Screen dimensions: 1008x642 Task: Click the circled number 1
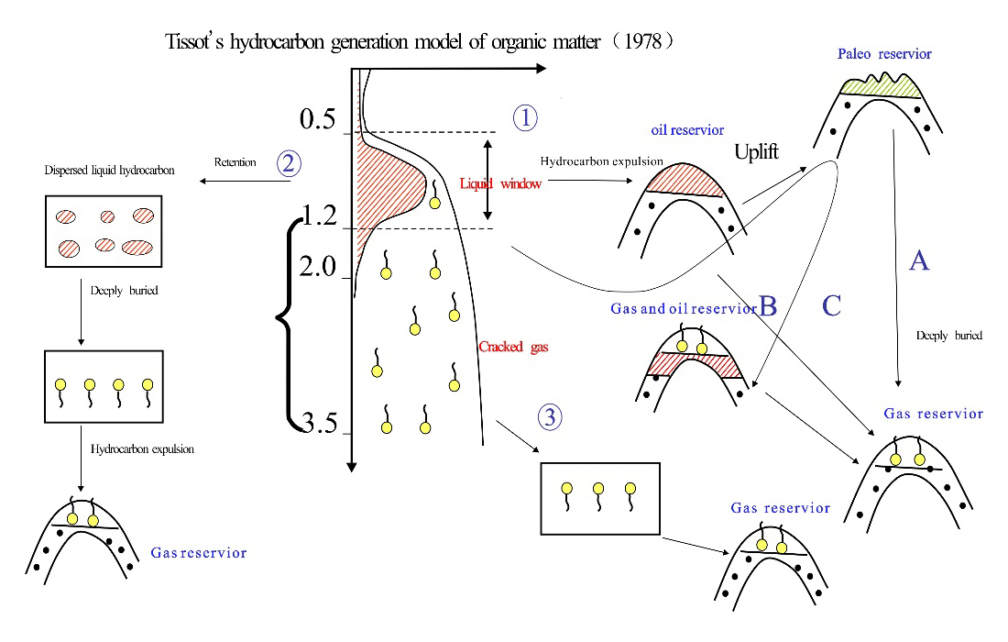pos(525,117)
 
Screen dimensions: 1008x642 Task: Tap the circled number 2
pos(289,162)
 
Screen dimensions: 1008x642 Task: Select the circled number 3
pos(550,417)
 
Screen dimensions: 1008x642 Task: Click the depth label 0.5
pos(318,119)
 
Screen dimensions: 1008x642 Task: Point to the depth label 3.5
pos(320,424)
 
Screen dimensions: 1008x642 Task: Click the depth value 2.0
pos(318,266)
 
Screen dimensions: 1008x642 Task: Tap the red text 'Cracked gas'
pos(513,347)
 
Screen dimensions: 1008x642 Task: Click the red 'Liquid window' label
pos(500,184)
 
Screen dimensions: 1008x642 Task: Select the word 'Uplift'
pos(756,152)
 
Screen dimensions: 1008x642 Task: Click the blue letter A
pos(919,260)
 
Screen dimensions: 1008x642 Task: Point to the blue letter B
pos(768,306)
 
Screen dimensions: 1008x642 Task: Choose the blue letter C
pos(831,305)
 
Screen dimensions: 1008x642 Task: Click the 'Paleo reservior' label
pos(884,54)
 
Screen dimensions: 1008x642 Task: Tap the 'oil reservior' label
pos(687,130)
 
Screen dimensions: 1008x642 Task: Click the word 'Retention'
pos(235,162)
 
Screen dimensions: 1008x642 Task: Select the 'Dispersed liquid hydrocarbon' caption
pos(109,171)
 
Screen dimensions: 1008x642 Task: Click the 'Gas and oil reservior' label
pos(684,309)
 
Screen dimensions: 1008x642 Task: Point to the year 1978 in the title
pos(643,41)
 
